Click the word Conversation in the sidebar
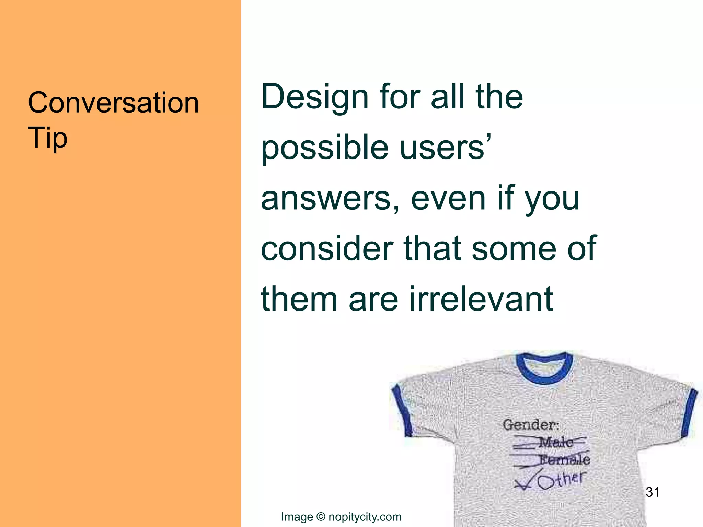113,103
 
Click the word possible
324,148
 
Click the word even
448,199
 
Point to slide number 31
653,492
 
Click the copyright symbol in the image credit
321,517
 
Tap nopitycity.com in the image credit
365,517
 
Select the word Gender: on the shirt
531,425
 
